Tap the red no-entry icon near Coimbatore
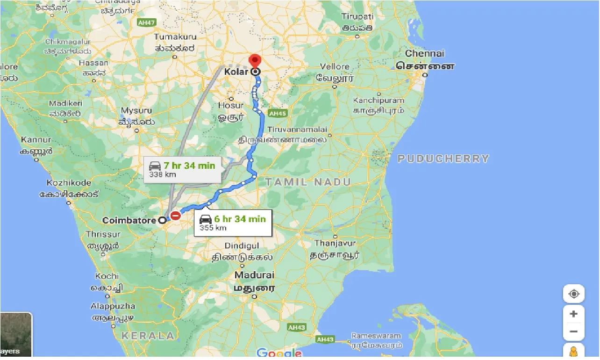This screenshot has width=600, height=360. coord(175,216)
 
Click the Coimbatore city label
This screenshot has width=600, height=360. coord(129,220)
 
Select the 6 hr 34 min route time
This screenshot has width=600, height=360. coord(240,219)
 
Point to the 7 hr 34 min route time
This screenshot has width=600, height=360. coord(189,166)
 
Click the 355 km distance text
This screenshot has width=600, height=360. coord(213,228)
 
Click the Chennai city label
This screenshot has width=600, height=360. coord(425,53)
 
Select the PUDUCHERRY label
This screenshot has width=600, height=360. coord(443,158)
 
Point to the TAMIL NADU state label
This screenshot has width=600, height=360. coord(307,181)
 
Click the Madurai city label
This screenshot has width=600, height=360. coord(254,275)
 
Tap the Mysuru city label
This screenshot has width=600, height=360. coord(136,110)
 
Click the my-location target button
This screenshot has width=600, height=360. coord(574,294)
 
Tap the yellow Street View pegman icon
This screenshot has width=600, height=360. coord(574,352)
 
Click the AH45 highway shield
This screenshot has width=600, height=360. coord(277,114)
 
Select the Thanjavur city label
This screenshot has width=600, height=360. coord(335,243)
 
